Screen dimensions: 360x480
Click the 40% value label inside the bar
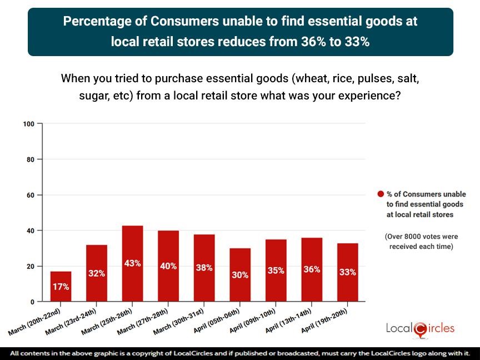[168, 266]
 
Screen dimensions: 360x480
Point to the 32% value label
[97, 273]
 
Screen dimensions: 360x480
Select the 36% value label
[312, 269]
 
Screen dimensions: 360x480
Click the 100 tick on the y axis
[29, 123]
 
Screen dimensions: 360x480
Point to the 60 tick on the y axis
[31, 195]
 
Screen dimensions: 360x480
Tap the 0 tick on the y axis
[33, 302]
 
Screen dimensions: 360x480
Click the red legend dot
[381, 194]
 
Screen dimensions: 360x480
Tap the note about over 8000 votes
[419, 242]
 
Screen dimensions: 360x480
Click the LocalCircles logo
[420, 328]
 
